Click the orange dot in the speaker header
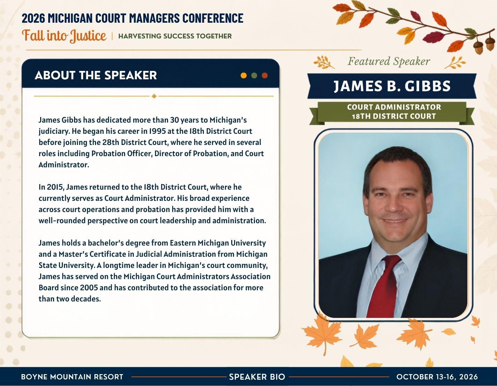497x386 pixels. tap(243, 75)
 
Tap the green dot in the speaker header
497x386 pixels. tap(254, 75)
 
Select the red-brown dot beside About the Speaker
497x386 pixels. tap(265, 75)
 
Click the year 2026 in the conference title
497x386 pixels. tap(33, 18)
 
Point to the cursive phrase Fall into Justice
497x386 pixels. tap(64, 36)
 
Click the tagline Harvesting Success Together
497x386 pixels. tap(175, 36)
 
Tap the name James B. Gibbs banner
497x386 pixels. tap(392, 86)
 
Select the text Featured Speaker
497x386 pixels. tap(389, 61)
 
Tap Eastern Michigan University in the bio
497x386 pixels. tap(218, 243)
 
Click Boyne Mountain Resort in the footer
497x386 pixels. tap(72, 377)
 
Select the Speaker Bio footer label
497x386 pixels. tap(257, 377)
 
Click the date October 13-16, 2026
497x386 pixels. tap(437, 377)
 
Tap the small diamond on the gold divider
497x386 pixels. tap(154, 96)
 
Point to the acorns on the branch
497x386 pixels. tap(483, 45)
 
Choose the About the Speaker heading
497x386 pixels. tap(96, 75)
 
